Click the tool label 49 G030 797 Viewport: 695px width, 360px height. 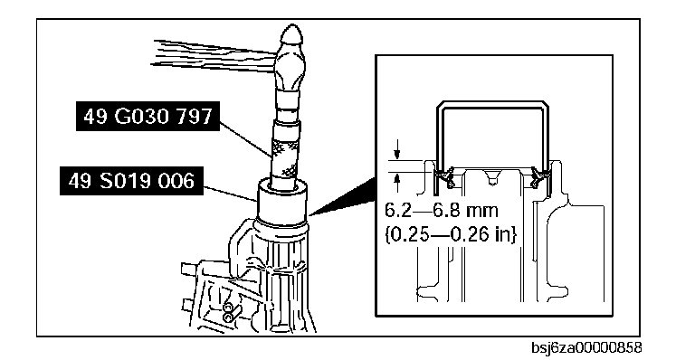coord(148,116)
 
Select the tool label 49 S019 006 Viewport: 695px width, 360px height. coord(131,181)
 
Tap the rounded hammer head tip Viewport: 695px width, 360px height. coord(292,33)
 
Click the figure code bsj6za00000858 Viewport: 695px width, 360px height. coord(586,347)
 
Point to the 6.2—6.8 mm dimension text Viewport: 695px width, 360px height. coord(441,210)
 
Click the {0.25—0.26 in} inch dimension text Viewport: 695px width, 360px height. coord(451,234)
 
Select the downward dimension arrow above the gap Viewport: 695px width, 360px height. coord(397,149)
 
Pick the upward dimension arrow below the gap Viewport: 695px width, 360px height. coord(397,182)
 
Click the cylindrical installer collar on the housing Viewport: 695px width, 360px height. coord(282,202)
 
